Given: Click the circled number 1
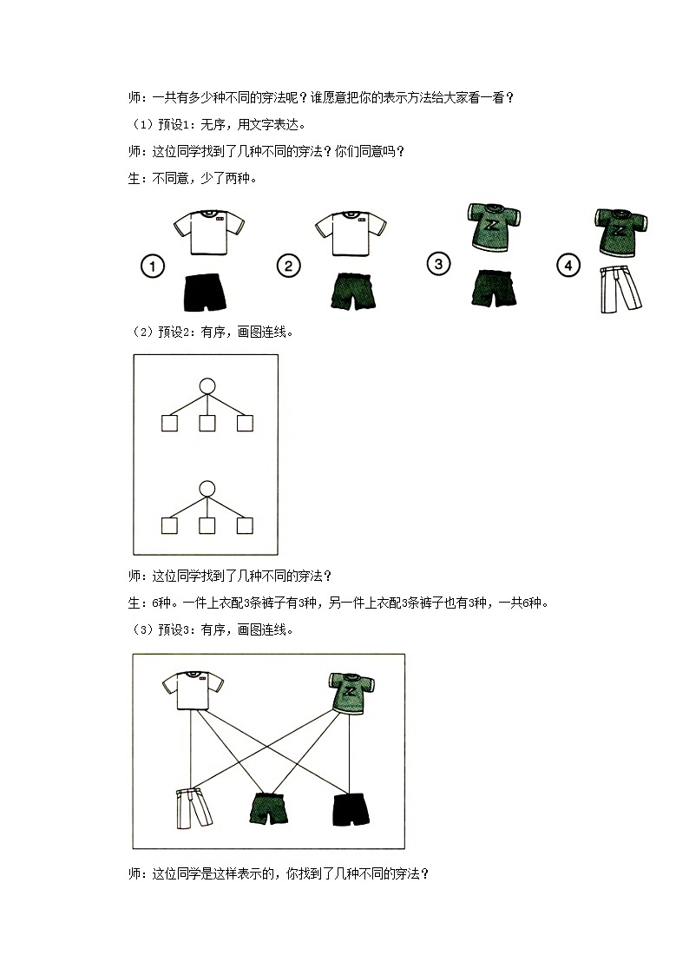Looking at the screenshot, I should point(153,267).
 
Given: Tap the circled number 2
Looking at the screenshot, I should point(288,267).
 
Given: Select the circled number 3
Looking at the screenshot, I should point(439,264).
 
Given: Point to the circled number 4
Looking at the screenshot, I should point(568,267).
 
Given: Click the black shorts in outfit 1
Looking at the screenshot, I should point(205,292).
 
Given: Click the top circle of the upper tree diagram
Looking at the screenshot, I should point(207,386).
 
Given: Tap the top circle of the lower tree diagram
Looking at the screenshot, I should point(207,489).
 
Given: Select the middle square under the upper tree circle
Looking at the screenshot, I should point(207,424).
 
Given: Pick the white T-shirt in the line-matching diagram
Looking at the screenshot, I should point(193,691).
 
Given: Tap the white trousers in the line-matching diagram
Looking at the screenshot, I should point(193,808).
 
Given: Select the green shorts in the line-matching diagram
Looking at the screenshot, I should point(271,807).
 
